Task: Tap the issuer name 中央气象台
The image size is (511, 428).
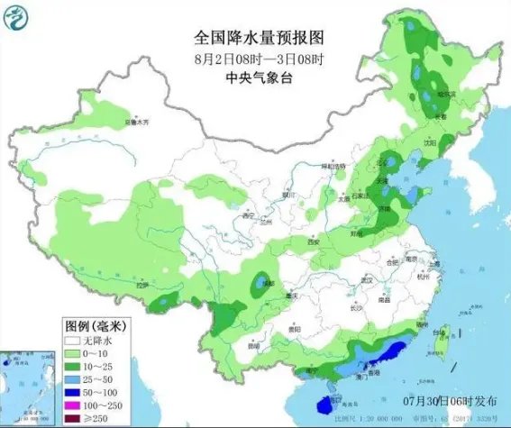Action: [x=256, y=78]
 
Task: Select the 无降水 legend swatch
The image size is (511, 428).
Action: [x=73, y=341]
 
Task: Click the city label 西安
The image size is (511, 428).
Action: [x=313, y=242]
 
